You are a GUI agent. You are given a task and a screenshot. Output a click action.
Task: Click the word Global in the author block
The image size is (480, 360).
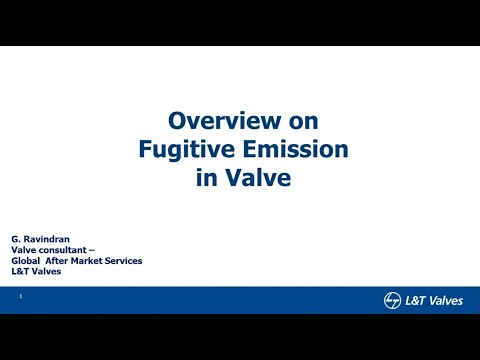(x=38, y=260)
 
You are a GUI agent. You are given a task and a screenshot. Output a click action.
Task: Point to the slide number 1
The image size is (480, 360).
(x=21, y=296)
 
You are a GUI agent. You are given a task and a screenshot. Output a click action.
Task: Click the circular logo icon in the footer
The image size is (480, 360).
(x=392, y=301)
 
